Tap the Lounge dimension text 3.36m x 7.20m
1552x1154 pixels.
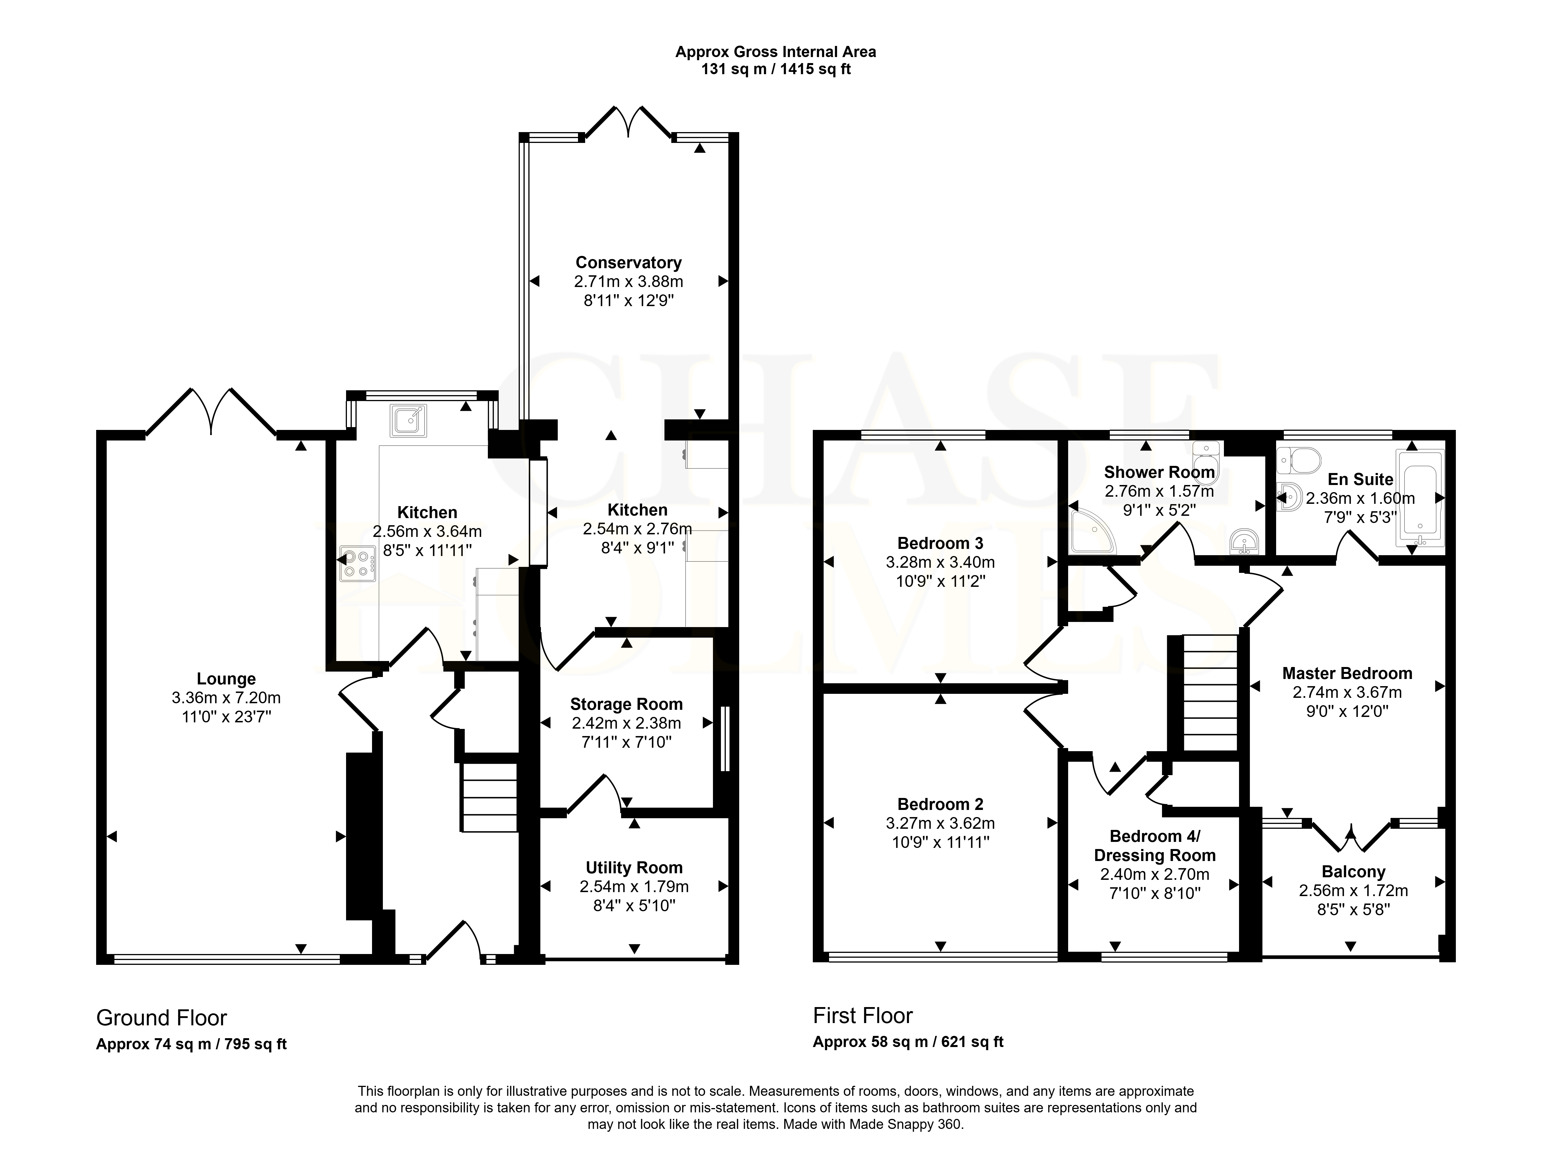(226, 697)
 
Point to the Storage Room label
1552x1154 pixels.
(627, 704)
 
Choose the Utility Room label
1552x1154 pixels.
(634, 868)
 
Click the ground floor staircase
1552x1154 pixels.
(489, 797)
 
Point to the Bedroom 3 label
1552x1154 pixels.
(940, 543)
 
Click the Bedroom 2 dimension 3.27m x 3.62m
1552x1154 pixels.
(940, 824)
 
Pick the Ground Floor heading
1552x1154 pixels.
(161, 1018)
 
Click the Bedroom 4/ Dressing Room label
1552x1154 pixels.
(1155, 846)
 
